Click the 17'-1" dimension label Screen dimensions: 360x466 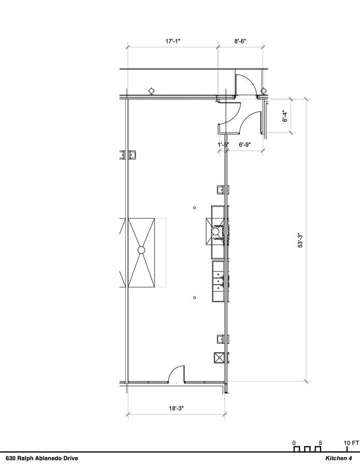point(172,41)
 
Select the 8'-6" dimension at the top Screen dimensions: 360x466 point(240,41)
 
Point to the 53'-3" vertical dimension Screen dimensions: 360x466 point(300,241)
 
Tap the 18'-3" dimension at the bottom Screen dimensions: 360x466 point(176,409)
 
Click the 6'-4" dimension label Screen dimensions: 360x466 point(285,116)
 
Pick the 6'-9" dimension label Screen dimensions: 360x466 point(245,145)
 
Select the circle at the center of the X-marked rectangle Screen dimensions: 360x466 point(141,250)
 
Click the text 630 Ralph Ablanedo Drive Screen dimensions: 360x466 point(42,458)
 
